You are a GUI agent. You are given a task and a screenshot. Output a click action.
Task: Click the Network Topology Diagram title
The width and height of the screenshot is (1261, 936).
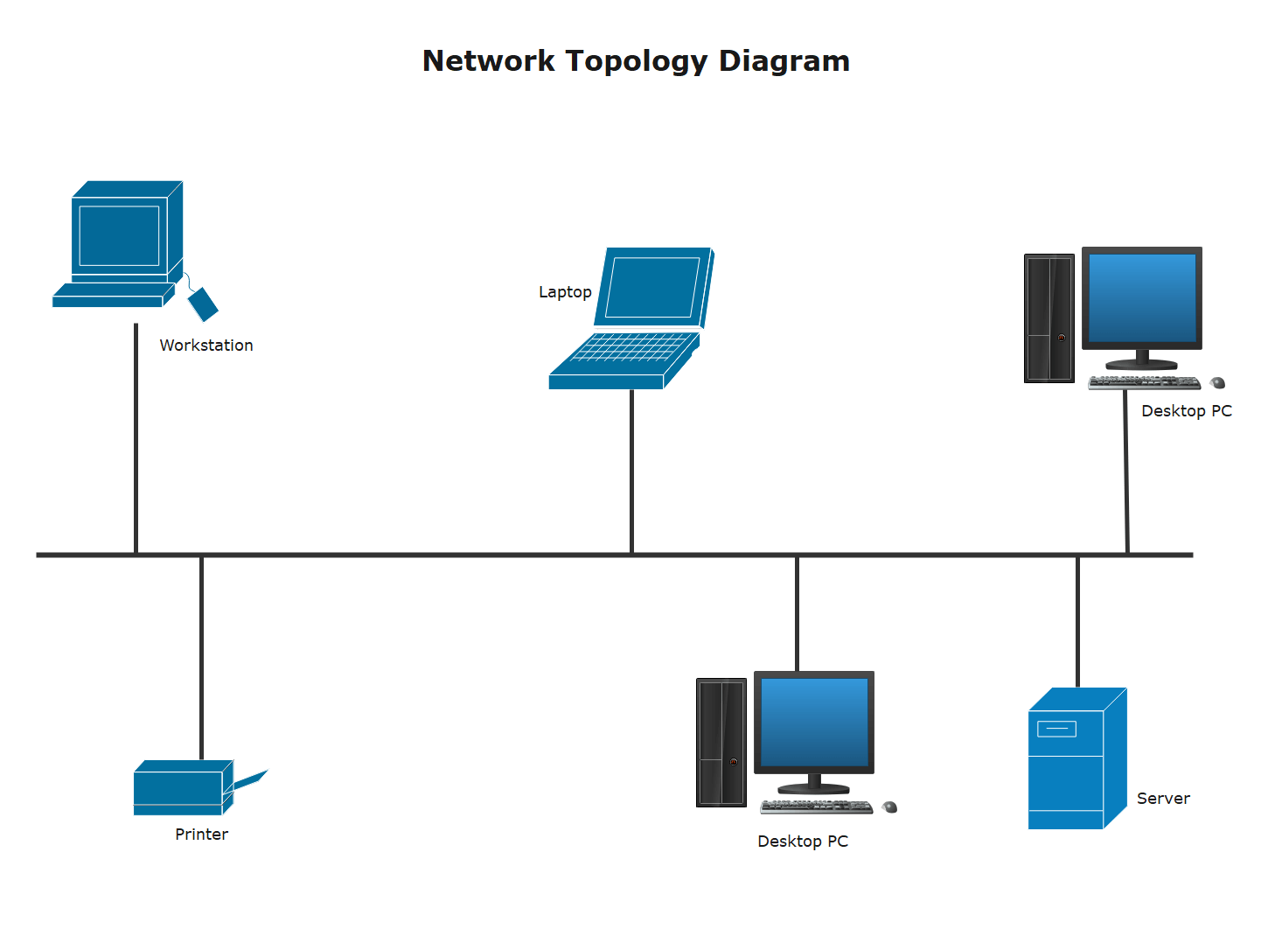[x=636, y=61]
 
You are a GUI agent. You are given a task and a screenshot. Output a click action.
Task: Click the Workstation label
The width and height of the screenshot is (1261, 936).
[x=206, y=346]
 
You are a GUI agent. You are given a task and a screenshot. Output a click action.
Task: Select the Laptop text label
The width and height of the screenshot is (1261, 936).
[x=565, y=292]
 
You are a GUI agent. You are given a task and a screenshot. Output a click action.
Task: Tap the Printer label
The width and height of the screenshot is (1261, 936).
[x=201, y=835]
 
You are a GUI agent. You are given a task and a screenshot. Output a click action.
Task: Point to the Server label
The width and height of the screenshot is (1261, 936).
[x=1163, y=799]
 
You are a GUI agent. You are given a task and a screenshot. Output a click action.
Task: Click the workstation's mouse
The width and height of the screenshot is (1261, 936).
[x=203, y=304]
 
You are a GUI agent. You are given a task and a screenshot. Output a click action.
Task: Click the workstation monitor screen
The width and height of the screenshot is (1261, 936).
[x=119, y=235]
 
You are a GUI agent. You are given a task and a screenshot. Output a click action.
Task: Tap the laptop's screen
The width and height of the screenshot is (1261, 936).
[x=653, y=287]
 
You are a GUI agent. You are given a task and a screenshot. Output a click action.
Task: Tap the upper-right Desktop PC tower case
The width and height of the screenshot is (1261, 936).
[x=1049, y=318]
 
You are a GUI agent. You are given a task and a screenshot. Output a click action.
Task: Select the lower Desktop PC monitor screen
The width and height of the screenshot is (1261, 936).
[x=814, y=723]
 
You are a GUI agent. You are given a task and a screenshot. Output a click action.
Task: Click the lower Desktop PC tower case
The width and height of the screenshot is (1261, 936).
[x=721, y=743]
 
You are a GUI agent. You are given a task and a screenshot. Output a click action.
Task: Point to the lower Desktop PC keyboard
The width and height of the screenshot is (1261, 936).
[x=816, y=807]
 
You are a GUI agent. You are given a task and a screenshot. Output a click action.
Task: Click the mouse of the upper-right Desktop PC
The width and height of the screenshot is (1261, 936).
[x=1217, y=382]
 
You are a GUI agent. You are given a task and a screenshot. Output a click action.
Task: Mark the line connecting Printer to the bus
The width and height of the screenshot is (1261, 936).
[x=201, y=656]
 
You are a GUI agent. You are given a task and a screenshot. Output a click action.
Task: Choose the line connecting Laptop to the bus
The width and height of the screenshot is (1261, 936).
[x=631, y=472]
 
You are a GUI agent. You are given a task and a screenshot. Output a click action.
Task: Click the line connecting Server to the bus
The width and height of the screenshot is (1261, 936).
[x=1077, y=621]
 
